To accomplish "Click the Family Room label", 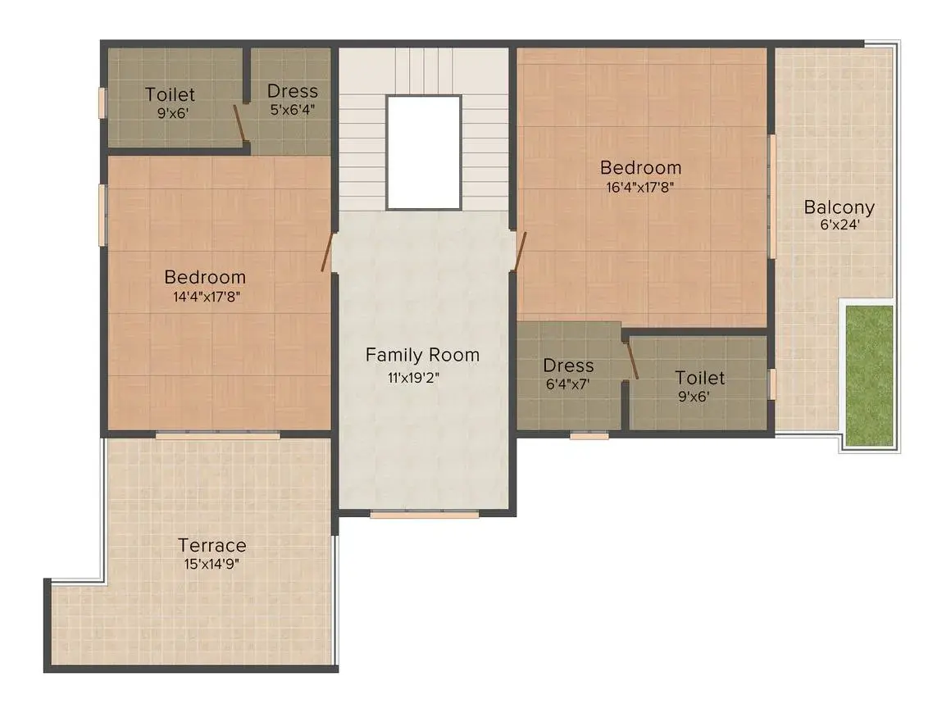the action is pyautogui.click(x=422, y=356).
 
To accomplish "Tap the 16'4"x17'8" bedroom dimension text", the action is pyautogui.click(x=640, y=188).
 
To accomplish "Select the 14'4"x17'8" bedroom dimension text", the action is pyautogui.click(x=207, y=297).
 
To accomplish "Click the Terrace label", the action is pyautogui.click(x=212, y=545).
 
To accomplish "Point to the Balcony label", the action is pyautogui.click(x=839, y=207).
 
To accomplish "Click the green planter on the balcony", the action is pyautogui.click(x=870, y=376).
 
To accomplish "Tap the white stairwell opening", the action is pyautogui.click(x=424, y=152).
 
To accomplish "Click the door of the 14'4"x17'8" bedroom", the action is pyautogui.click(x=327, y=252).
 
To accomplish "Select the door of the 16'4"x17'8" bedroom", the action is pyautogui.click(x=520, y=252).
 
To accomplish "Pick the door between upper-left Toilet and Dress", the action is pyautogui.click(x=240, y=124).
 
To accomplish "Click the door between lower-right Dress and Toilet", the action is pyautogui.click(x=631, y=361).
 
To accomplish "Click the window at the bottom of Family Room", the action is pyautogui.click(x=425, y=515).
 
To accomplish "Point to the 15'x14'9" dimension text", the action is pyautogui.click(x=212, y=565).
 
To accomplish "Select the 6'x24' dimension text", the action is pyautogui.click(x=840, y=225).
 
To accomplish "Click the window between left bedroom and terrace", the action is pyautogui.click(x=218, y=434).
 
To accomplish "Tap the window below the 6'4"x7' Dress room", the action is pyautogui.click(x=589, y=434).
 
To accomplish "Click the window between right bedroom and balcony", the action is pyautogui.click(x=772, y=197).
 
